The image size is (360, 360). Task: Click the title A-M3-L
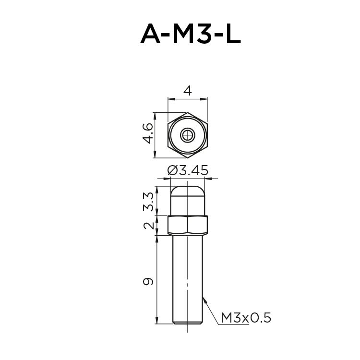pyautogui.click(x=191, y=34)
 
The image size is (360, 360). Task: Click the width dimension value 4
pyautogui.click(x=188, y=91)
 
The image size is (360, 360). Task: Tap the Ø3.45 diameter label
pyautogui.click(x=188, y=170)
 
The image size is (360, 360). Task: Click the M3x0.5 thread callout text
pyautogui.click(x=246, y=317)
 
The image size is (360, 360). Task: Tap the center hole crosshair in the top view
pyautogui.click(x=188, y=135)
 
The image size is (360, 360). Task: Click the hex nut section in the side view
pyautogui.click(x=188, y=225)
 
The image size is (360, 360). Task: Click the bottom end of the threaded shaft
pyautogui.click(x=188, y=322)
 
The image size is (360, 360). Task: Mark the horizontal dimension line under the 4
pyautogui.click(x=188, y=99)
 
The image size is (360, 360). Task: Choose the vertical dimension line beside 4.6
pyautogui.click(x=155, y=135)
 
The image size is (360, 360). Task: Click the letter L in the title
pyautogui.click(x=231, y=34)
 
